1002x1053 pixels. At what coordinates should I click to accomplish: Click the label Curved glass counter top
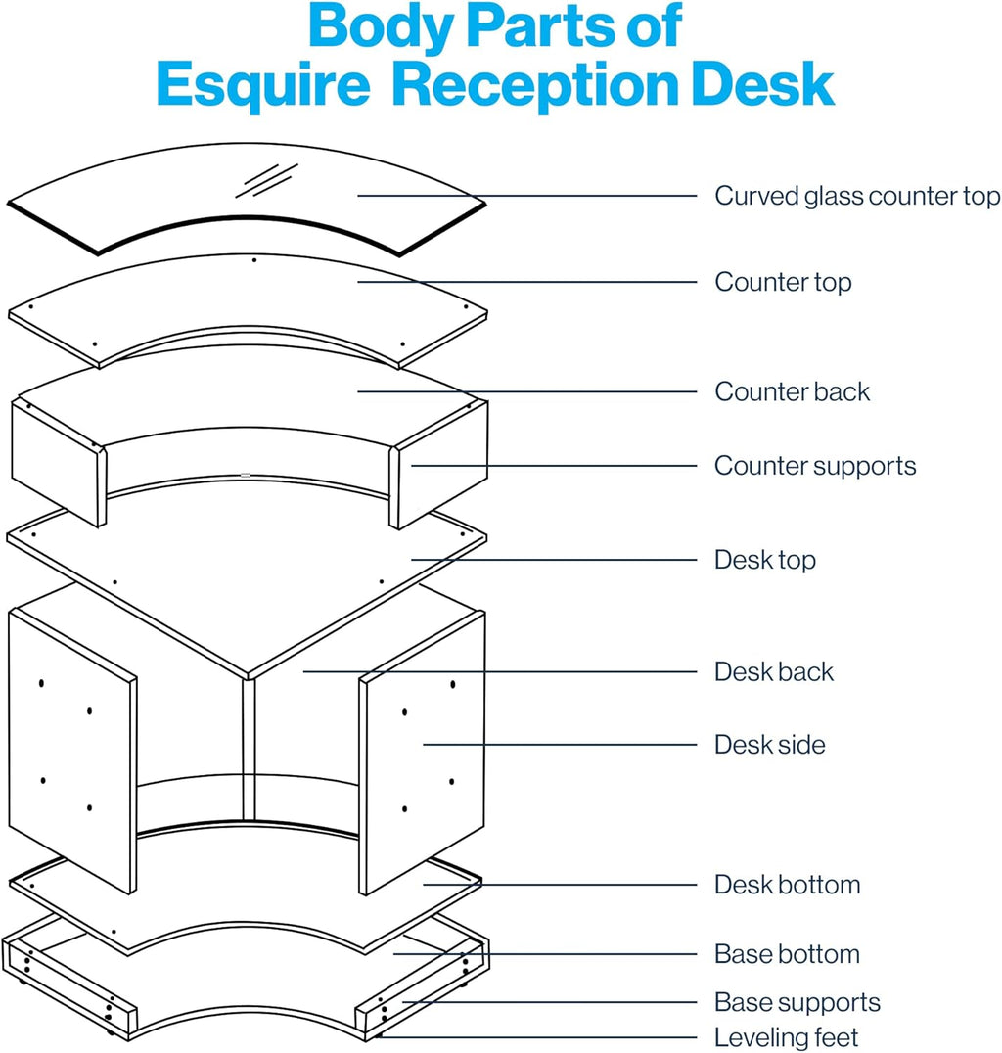(x=857, y=196)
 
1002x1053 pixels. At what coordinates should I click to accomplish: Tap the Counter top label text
(x=783, y=282)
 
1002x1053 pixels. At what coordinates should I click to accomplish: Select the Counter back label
(x=792, y=391)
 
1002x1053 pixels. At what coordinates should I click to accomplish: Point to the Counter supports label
(x=815, y=465)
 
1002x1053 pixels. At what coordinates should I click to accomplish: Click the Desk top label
(x=764, y=560)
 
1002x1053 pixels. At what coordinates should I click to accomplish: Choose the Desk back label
(x=774, y=672)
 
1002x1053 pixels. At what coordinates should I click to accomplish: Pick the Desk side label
(x=769, y=745)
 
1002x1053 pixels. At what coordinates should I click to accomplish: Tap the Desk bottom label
(x=787, y=885)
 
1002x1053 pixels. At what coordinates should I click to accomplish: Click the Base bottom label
(x=787, y=954)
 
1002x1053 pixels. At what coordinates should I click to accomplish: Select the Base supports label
(x=797, y=1002)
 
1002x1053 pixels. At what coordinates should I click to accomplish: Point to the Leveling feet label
(x=786, y=1037)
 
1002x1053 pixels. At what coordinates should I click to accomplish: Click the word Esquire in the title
(x=262, y=86)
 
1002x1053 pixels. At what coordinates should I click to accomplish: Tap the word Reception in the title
(x=536, y=86)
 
